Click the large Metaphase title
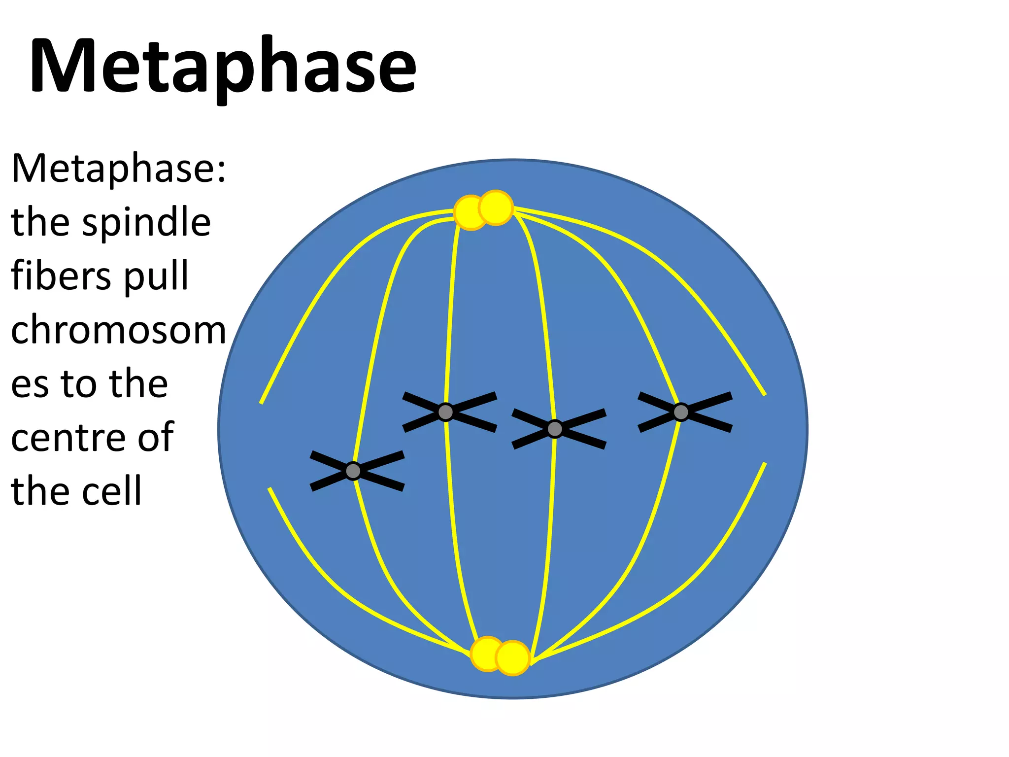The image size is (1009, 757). click(223, 67)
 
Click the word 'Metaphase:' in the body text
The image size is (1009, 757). click(118, 169)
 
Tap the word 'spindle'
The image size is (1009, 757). click(146, 223)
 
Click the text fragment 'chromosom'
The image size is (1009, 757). click(118, 330)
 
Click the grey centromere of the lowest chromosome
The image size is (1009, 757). click(353, 471)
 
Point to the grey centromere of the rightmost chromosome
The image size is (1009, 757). click(681, 412)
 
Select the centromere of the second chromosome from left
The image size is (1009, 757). click(446, 412)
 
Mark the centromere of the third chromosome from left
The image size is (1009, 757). click(555, 429)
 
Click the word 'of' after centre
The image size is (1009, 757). click(155, 437)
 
